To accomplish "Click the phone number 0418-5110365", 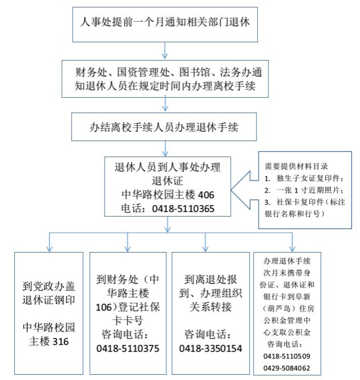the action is coord(183,209).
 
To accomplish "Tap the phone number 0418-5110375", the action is coord(128,349).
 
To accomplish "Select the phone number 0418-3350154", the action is coord(210,349).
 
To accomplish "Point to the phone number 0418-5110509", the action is coord(287,356).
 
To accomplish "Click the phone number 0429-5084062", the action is coord(287,368).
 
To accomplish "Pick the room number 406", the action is coord(206,195).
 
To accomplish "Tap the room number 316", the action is coord(61,342).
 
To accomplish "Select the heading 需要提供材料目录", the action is coord(296,166).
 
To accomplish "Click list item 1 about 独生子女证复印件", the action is coord(304,178).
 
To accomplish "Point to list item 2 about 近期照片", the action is coord(304,190).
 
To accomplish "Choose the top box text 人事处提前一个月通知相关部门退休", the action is coord(165,22).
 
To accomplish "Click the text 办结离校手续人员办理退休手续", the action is coord(164,127).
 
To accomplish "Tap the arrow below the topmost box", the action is coord(165,50).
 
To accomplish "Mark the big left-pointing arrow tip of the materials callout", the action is coord(231,190).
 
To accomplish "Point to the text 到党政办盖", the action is coord(49,286).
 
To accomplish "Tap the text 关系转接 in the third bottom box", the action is coord(210,307).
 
